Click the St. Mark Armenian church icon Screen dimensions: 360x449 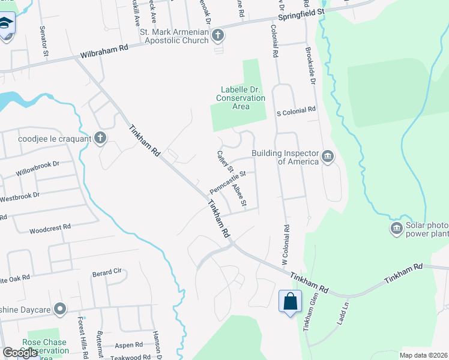217,37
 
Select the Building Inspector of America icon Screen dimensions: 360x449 328,157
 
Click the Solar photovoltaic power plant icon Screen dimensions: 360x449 396,229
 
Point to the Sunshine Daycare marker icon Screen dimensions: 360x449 59,309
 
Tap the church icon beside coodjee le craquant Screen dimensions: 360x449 100,139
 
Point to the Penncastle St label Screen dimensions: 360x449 228,182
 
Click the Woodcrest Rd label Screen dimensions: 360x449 50,228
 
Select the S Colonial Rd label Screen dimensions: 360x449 295,110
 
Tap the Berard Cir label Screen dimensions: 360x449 107,274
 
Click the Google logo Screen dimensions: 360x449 20,353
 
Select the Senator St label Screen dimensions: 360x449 44,41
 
